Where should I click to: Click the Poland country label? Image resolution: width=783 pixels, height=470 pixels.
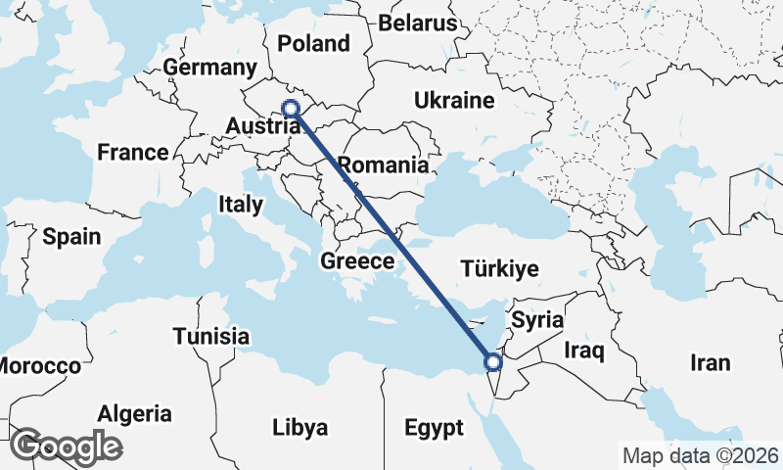pos(313,43)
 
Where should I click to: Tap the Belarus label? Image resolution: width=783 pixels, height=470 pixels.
pos(418,23)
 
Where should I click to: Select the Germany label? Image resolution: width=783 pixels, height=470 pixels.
pos(209,68)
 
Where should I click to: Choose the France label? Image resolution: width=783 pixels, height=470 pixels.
pos(132,153)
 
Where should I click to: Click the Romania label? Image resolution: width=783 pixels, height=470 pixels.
pos(383,164)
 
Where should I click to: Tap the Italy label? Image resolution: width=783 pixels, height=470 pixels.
pos(241,205)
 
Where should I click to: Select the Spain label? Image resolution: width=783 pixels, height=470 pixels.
pos(71,236)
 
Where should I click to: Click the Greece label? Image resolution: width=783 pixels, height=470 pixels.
pos(357,261)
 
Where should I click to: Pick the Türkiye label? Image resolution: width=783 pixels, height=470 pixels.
pos(501,268)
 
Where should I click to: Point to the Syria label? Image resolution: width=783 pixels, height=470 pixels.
pos(538,319)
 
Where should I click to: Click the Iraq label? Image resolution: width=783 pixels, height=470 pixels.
pos(584,350)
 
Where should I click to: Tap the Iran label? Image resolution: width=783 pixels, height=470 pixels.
pos(710,363)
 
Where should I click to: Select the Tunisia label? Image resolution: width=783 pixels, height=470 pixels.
pos(210,337)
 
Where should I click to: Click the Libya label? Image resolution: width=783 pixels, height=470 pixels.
pos(300,428)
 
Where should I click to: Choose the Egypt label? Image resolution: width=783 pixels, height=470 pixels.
pos(433,428)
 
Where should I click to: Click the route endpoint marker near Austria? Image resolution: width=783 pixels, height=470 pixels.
pos(291,109)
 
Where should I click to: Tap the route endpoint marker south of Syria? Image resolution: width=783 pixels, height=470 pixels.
pos(492,363)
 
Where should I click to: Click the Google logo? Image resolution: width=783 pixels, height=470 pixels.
pos(66,446)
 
